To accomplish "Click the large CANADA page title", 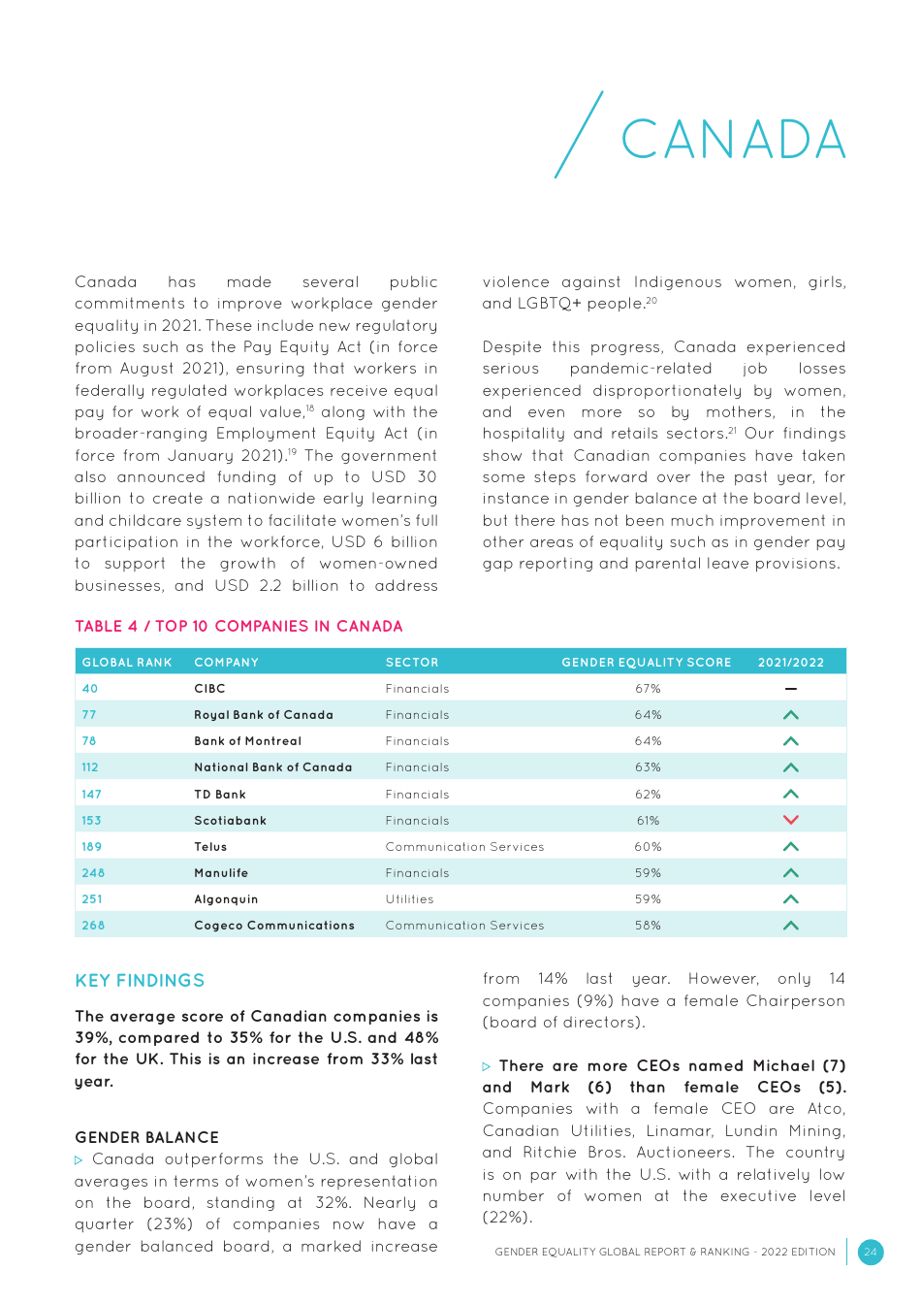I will [x=733, y=140].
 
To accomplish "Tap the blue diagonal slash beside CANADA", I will [x=579, y=135].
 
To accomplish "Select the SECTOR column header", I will [x=412, y=663].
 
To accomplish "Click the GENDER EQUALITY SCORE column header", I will [x=646, y=663].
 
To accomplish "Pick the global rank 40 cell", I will [x=90, y=689].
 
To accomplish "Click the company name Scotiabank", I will [x=230, y=821].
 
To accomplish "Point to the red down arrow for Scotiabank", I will [x=790, y=820].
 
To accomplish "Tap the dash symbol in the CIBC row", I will [x=790, y=689].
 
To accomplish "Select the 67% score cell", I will [x=648, y=689].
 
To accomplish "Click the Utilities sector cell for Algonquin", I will [x=409, y=899].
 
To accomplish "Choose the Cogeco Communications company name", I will [x=274, y=926].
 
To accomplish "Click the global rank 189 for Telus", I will [x=92, y=847].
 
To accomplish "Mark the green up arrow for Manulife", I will [x=790, y=873].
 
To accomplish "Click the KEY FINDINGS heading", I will [x=140, y=981].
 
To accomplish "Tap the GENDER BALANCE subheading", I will [x=146, y=1137].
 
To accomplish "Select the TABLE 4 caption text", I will [x=238, y=627].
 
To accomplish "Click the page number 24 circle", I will [x=870, y=1252].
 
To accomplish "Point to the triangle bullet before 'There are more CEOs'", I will [x=487, y=1066].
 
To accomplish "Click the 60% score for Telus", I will [x=648, y=847].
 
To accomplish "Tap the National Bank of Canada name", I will [x=272, y=767].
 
